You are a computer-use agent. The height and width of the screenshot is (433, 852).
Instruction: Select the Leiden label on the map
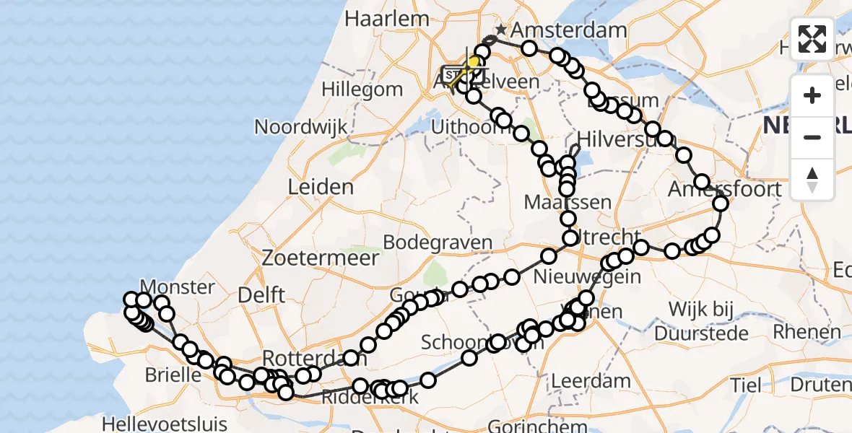coord(321,187)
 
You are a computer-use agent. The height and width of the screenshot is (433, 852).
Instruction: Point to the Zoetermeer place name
coord(321,258)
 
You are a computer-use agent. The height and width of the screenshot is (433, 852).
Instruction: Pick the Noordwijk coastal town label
coord(300,126)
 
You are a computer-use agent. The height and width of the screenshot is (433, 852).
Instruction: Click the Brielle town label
coord(173,375)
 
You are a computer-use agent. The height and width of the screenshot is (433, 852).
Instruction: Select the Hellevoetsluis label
coord(165,424)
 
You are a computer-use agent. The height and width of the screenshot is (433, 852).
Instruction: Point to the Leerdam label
coord(590,380)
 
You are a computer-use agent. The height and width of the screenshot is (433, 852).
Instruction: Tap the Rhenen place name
coord(807,332)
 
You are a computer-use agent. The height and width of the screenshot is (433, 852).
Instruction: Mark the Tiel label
coord(745,385)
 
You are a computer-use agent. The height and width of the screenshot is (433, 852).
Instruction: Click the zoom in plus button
coord(812,96)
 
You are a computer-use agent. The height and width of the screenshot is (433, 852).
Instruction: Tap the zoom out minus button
coord(812,137)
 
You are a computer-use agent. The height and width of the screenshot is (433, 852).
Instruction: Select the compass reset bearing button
coord(812,179)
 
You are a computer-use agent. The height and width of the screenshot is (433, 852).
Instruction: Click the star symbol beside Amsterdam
coord(501,30)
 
